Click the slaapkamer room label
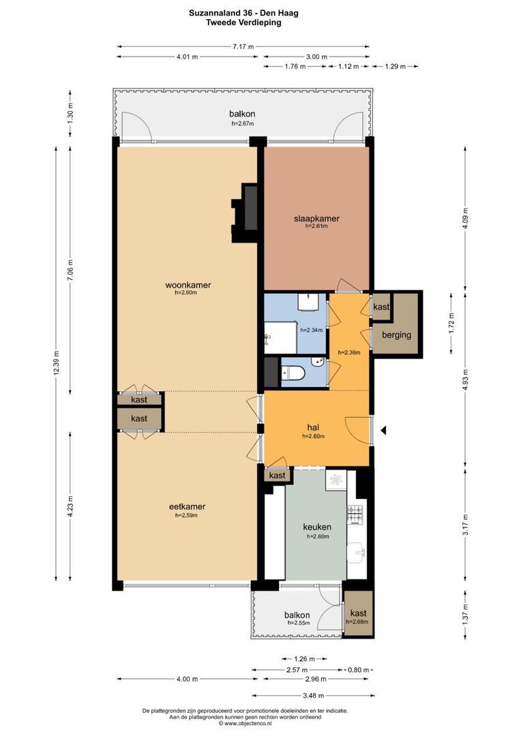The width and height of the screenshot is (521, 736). tap(316, 219)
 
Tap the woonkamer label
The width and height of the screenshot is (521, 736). tap(188, 285)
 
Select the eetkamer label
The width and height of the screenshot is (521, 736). tap(187, 507)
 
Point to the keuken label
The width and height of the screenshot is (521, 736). tap(317, 527)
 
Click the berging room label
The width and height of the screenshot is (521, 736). tap(396, 335)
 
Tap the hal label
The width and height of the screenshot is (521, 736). tap(313, 427)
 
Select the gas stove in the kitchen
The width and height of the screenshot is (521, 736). tap(355, 514)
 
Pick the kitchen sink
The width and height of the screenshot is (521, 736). tap(356, 553)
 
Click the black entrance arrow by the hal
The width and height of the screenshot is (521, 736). tap(383, 430)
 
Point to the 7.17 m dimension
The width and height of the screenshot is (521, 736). tap(243, 46)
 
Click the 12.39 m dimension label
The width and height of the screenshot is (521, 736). tap(57, 363)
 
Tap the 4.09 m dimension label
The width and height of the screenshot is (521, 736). tap(466, 218)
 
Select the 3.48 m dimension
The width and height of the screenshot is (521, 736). tap(314, 696)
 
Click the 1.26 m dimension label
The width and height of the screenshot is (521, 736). tap(304, 659)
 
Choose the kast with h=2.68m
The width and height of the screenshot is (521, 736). tap(359, 613)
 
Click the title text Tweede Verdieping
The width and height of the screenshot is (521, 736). tap(244, 22)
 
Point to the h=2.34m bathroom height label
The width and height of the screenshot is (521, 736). tap(312, 330)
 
